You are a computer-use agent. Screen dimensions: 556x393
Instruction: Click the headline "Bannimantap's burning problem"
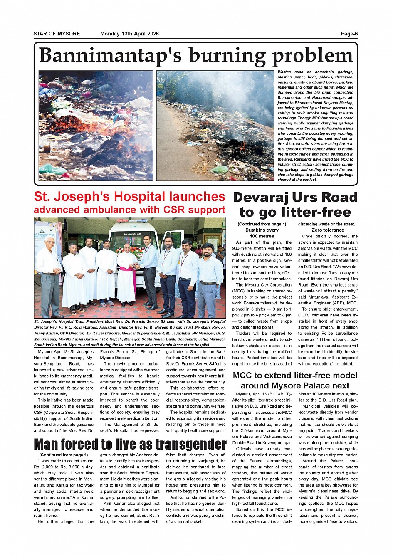(195, 56)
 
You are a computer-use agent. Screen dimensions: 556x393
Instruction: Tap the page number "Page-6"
(349, 34)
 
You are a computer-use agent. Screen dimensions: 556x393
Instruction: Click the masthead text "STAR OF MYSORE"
(57, 34)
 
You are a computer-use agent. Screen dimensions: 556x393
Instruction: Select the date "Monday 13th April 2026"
(129, 34)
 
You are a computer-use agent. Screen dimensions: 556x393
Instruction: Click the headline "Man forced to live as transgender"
(130, 444)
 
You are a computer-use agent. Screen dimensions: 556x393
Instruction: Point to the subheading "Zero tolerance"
(328, 230)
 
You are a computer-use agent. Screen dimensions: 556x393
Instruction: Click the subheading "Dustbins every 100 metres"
(262, 233)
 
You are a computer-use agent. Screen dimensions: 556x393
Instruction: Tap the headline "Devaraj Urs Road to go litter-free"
(295, 205)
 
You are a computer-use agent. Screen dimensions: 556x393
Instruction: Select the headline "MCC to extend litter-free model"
(295, 376)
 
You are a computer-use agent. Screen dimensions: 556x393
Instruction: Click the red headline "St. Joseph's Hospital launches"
(129, 196)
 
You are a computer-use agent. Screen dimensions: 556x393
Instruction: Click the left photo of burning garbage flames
(96, 126)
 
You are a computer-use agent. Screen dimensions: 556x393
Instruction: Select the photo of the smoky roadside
(215, 126)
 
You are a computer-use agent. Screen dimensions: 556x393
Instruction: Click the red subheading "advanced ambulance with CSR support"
(129, 210)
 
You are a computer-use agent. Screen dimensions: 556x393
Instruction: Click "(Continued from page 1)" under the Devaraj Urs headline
(262, 224)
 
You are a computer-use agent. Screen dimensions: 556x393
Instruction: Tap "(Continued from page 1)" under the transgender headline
(64, 455)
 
